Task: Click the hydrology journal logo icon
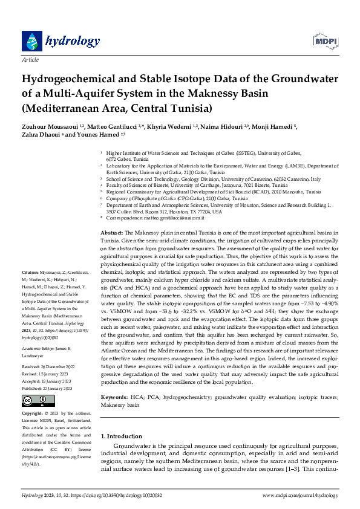pyautogui.click(x=31, y=41)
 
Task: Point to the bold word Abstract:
pyautogui.click(x=111, y=233)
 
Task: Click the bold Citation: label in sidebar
pyautogui.click(x=30, y=290)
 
